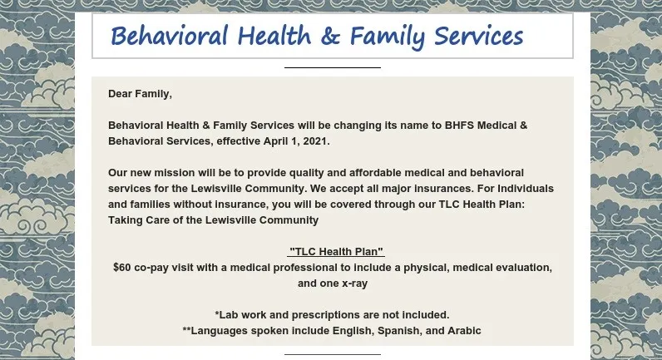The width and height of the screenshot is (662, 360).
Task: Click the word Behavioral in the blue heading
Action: click(169, 37)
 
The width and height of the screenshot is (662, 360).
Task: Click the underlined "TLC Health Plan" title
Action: click(336, 252)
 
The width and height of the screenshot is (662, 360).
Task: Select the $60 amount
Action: click(124, 268)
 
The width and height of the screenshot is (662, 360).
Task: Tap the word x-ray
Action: click(350, 284)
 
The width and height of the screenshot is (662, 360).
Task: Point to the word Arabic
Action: click(463, 331)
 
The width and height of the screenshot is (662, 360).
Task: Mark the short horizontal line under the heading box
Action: click(332, 67)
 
